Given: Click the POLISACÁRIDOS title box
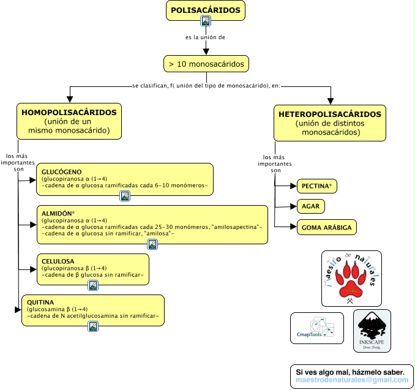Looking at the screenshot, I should pyautogui.click(x=206, y=10).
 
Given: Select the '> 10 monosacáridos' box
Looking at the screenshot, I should pyautogui.click(x=206, y=64).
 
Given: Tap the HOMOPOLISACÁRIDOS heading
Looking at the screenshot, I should pyautogui.click(x=69, y=113).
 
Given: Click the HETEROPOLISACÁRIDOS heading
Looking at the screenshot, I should pyautogui.click(x=330, y=114).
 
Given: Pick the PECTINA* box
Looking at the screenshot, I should pyautogui.click(x=317, y=186).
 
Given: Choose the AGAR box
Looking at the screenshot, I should pyautogui.click(x=310, y=206).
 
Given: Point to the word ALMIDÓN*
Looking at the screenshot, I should pyautogui.click(x=58, y=212).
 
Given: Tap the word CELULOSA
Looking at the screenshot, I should pyautogui.click(x=58, y=260).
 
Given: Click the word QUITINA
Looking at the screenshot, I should pyautogui.click(x=40, y=302).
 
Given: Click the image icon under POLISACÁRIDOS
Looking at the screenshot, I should pyautogui.click(x=206, y=21).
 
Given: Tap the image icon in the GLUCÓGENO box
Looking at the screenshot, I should pyautogui.click(x=125, y=196).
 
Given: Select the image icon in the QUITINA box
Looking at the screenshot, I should pyautogui.click(x=93, y=326).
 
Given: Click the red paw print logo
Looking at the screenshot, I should pyautogui.click(x=351, y=278).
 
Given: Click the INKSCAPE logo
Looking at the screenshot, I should pyautogui.click(x=372, y=331).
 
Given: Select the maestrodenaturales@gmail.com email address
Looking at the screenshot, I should pyautogui.click(x=351, y=380).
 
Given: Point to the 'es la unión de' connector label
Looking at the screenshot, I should pyautogui.click(x=206, y=37).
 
